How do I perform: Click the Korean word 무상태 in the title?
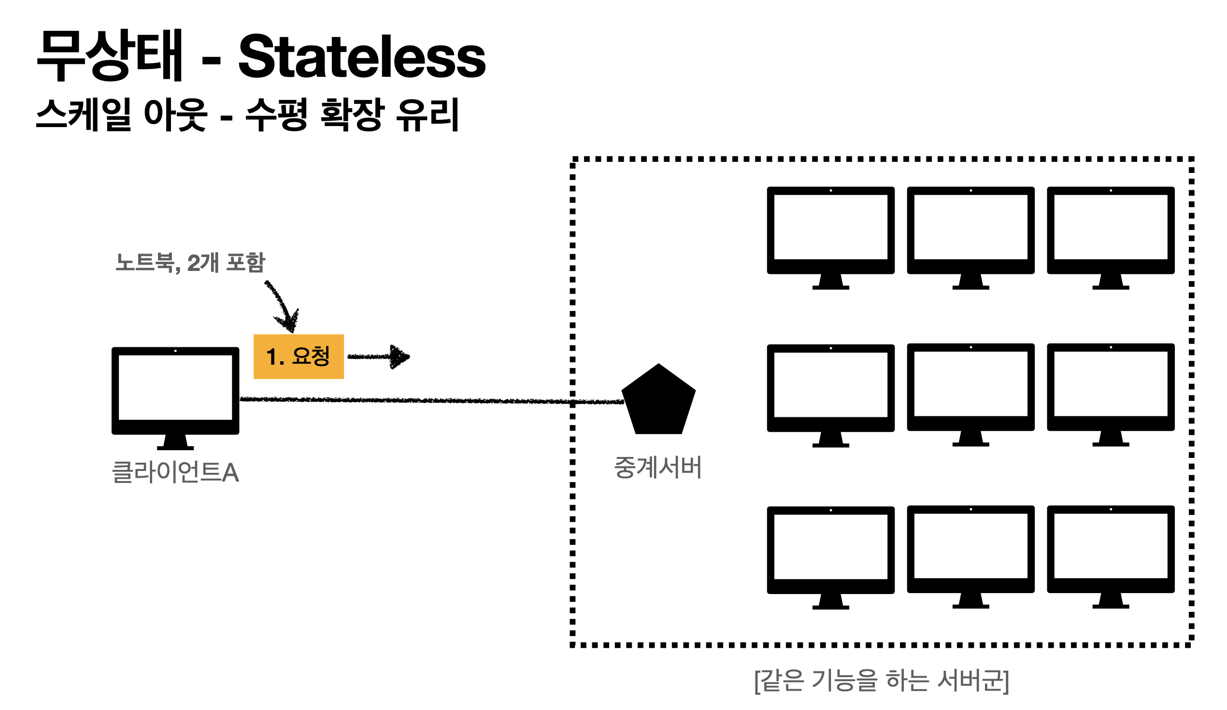(x=109, y=56)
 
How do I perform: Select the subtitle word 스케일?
(x=83, y=114)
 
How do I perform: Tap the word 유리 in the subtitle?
(x=428, y=114)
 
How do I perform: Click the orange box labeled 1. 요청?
(x=299, y=356)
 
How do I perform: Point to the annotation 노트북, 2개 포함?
(x=190, y=263)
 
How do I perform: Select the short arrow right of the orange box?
(x=379, y=357)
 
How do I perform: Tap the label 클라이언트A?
(x=175, y=472)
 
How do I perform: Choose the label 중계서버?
(x=657, y=468)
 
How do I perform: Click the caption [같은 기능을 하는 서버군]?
(x=881, y=681)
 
